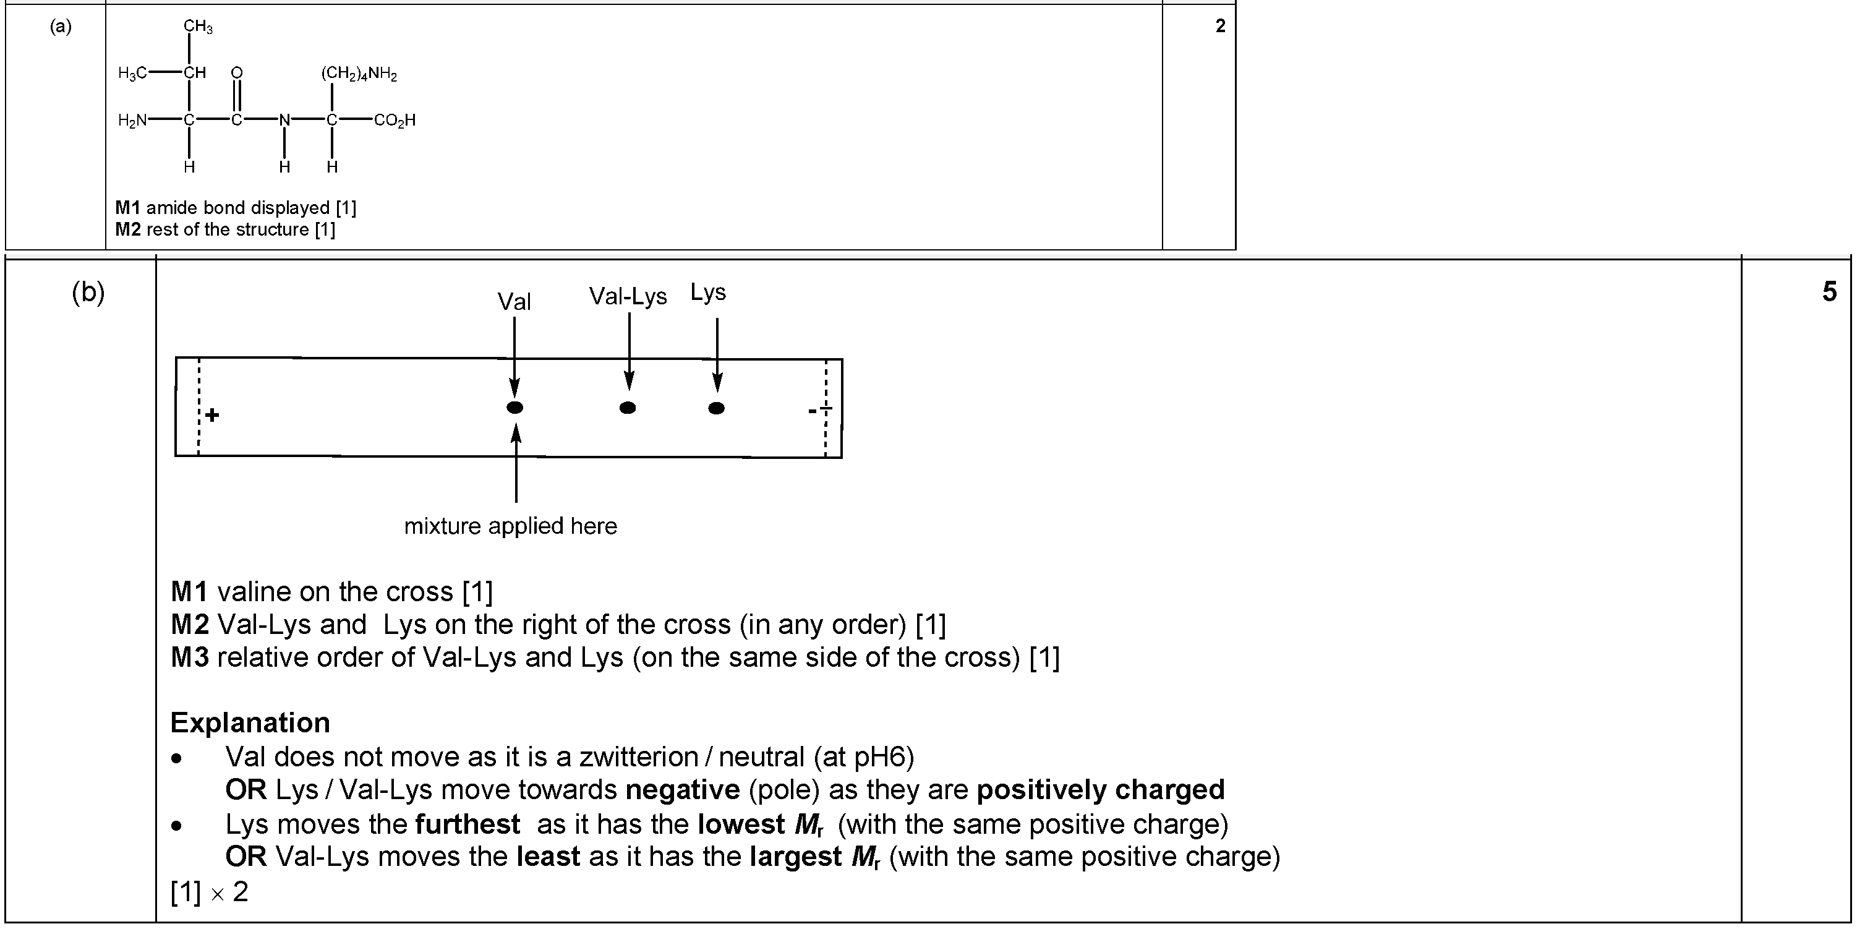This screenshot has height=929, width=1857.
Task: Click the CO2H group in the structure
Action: point(395,121)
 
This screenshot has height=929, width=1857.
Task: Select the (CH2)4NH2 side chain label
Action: point(359,74)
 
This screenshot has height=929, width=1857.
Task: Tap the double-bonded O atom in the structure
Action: point(236,72)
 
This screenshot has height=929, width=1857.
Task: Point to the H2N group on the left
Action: point(132,121)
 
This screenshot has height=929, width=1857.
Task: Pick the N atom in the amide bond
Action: point(284,120)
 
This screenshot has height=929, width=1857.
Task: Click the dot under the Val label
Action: point(514,408)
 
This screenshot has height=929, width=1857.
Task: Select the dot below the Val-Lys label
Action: point(628,408)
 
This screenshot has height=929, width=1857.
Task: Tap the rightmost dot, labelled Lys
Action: point(716,408)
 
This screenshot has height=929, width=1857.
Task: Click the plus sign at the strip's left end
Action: point(212,415)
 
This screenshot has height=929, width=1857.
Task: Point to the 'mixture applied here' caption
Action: point(510,526)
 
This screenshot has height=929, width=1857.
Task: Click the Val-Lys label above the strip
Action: point(628,296)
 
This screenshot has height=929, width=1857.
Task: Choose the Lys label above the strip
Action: point(708,292)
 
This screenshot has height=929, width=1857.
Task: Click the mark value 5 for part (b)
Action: point(1830,291)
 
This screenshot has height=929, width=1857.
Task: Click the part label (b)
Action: point(88,292)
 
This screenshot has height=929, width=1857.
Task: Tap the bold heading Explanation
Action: point(250,722)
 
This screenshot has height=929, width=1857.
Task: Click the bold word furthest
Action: point(468,824)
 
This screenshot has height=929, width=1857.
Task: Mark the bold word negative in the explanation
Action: point(683,790)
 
